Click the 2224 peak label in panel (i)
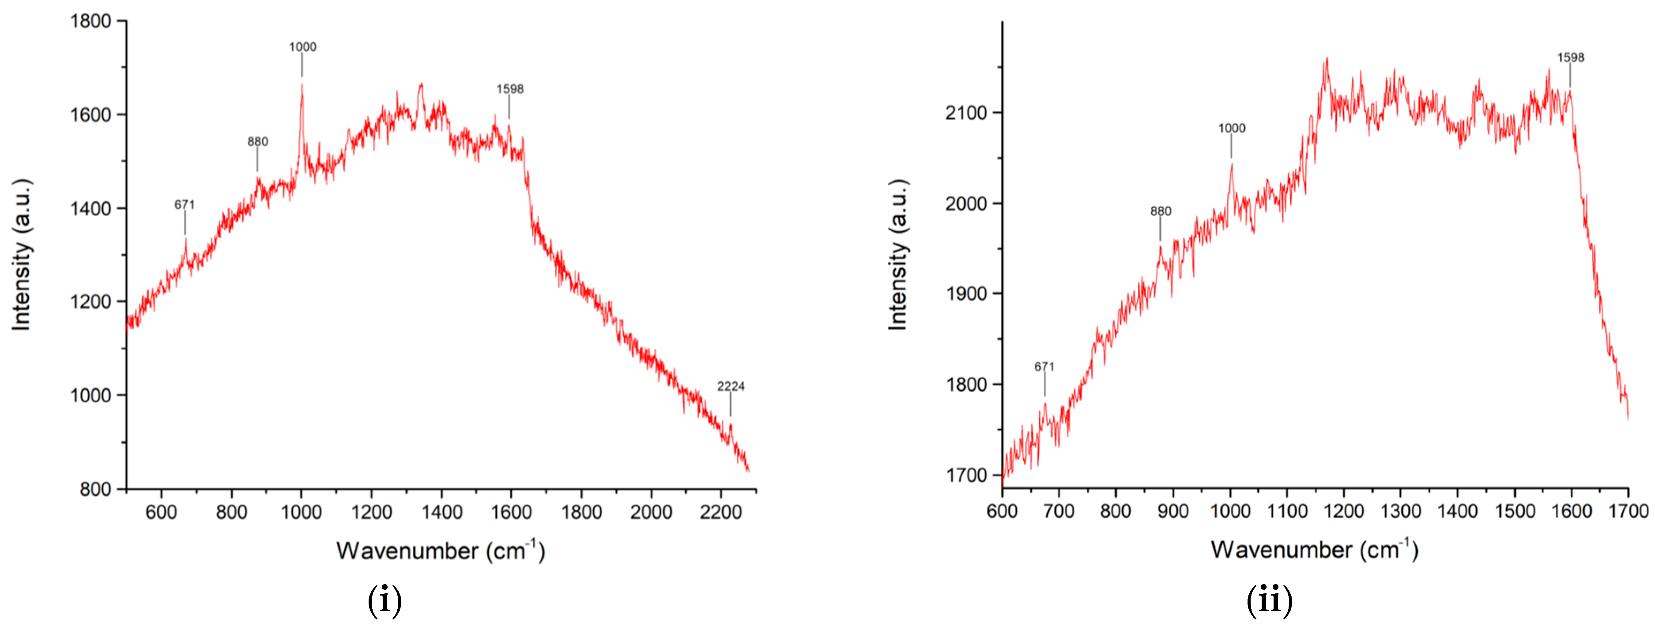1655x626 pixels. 731,386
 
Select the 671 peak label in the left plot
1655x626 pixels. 185,205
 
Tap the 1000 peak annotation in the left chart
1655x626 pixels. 302,47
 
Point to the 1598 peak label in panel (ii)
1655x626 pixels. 1570,58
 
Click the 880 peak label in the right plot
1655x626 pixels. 1160,211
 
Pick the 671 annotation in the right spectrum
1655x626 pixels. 1044,367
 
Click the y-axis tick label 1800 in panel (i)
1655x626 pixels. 90,21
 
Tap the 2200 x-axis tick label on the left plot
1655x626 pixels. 721,512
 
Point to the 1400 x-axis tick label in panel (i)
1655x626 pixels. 441,512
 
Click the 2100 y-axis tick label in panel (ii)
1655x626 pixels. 965,113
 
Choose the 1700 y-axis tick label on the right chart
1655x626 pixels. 965,476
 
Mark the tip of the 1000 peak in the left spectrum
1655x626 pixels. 302,84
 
